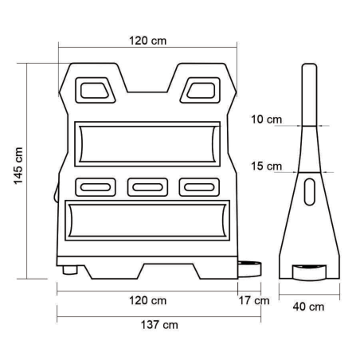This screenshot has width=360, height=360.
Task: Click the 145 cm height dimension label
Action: [18, 166]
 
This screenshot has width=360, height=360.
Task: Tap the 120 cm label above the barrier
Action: [148, 41]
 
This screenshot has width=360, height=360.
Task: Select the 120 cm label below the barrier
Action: [148, 301]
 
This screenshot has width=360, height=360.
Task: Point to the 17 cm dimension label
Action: [254, 300]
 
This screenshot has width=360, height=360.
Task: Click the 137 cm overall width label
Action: [159, 325]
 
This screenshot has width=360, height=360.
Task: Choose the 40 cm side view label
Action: [308, 307]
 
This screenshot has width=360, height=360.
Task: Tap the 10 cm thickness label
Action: [266, 119]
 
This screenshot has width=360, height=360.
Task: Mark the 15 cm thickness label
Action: [266, 166]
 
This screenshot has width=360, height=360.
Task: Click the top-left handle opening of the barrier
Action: [95, 90]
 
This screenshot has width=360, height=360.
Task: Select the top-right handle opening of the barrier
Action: [201, 90]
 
